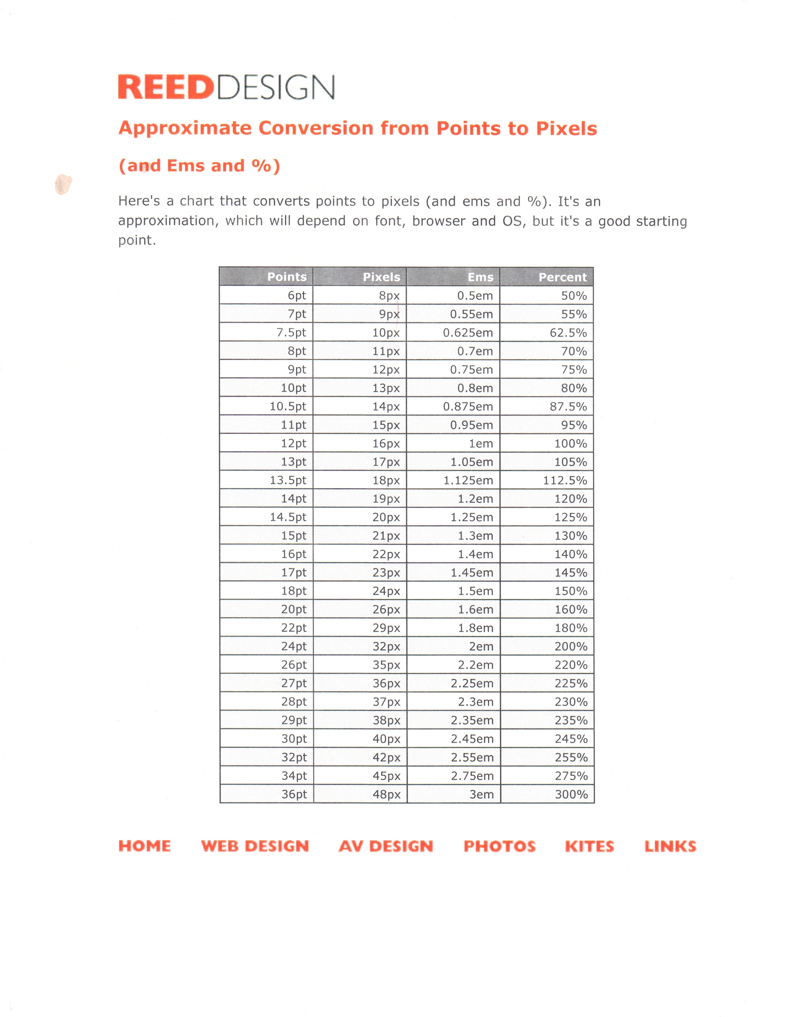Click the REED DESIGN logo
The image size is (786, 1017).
[226, 87]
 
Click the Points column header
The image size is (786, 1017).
[287, 277]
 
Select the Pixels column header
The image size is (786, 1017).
[381, 277]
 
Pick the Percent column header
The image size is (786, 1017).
[563, 277]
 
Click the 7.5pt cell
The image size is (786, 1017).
[291, 333]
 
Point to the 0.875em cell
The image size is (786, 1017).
[468, 406]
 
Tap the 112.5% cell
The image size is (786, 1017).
[565, 480]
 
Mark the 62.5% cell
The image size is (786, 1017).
[568, 333]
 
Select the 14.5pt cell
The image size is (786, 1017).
[288, 517]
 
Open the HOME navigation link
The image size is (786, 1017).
[144, 846]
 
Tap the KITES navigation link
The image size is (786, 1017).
[589, 846]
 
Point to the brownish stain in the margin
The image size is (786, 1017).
[63, 184]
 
